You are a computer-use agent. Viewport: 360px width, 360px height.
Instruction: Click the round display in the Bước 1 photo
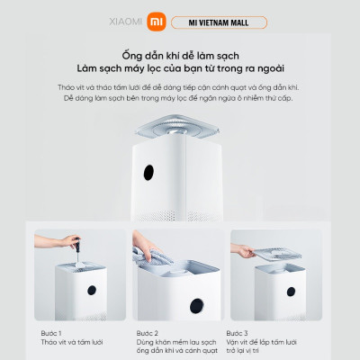coord(90,290)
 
